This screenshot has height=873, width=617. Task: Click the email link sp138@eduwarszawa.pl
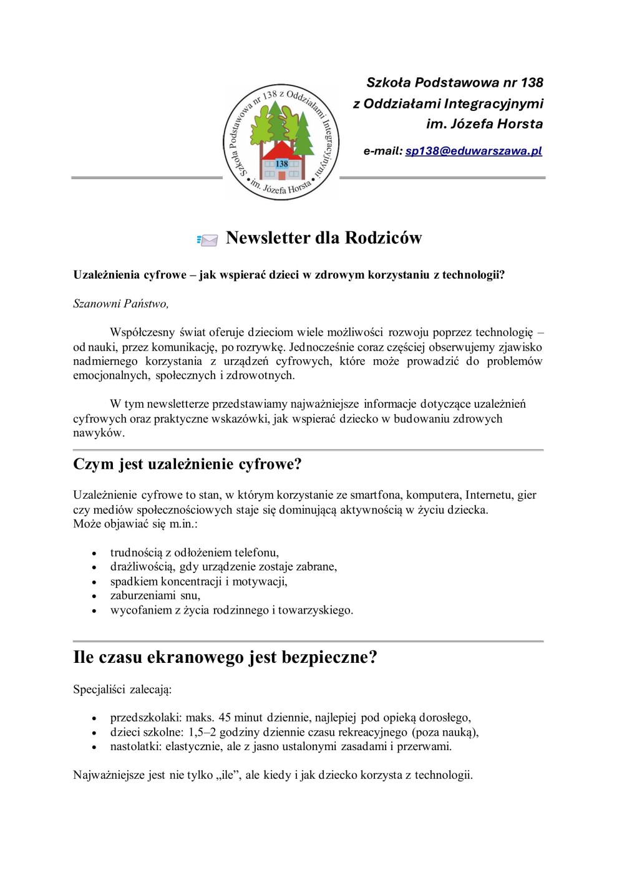(474, 151)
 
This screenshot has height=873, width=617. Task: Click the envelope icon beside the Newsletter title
(208, 240)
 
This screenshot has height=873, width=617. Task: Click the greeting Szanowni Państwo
(120, 304)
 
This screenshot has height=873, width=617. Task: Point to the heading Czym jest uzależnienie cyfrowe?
(187, 465)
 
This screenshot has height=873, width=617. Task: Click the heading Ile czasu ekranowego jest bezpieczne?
(225, 657)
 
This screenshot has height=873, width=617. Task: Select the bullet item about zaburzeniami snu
(155, 596)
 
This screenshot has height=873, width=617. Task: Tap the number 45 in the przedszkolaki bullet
(225, 717)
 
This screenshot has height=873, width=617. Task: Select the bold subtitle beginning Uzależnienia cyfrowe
(289, 275)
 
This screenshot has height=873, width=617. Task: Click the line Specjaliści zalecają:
(122, 690)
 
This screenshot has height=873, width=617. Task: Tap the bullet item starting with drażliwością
(223, 567)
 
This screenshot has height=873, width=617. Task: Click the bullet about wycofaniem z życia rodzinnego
(231, 610)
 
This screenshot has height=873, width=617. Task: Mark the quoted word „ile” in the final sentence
(228, 775)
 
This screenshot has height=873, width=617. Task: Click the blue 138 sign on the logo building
(282, 163)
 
